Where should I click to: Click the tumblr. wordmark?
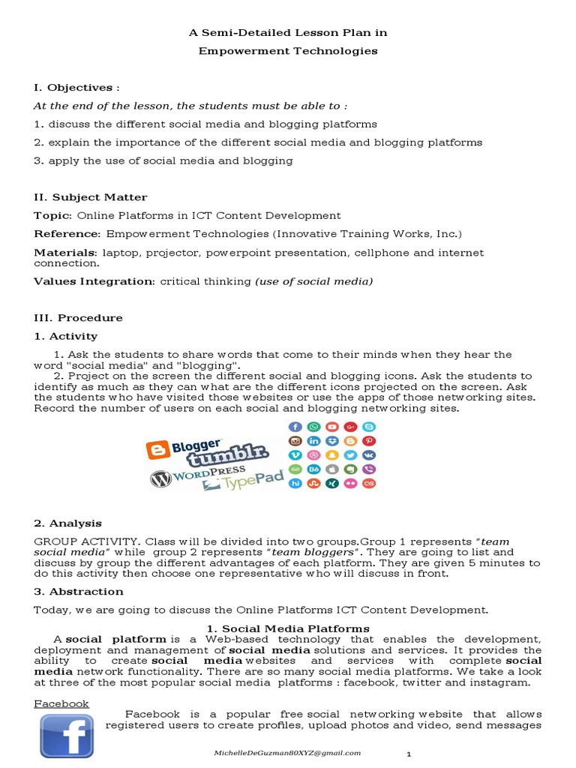[x=227, y=456]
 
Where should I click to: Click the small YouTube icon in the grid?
[x=331, y=427]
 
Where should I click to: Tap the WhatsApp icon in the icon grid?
[x=313, y=427]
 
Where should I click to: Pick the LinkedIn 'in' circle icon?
[x=313, y=441]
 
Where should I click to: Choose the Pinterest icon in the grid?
[x=369, y=441]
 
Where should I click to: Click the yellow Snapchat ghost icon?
[x=331, y=455]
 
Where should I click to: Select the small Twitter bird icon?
[x=350, y=455]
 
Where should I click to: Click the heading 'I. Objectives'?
[x=73, y=88]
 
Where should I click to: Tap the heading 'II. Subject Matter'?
[x=90, y=197]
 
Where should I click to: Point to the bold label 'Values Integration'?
[x=93, y=281]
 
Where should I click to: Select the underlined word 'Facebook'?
[x=61, y=703]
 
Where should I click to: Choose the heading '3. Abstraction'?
[x=76, y=592]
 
